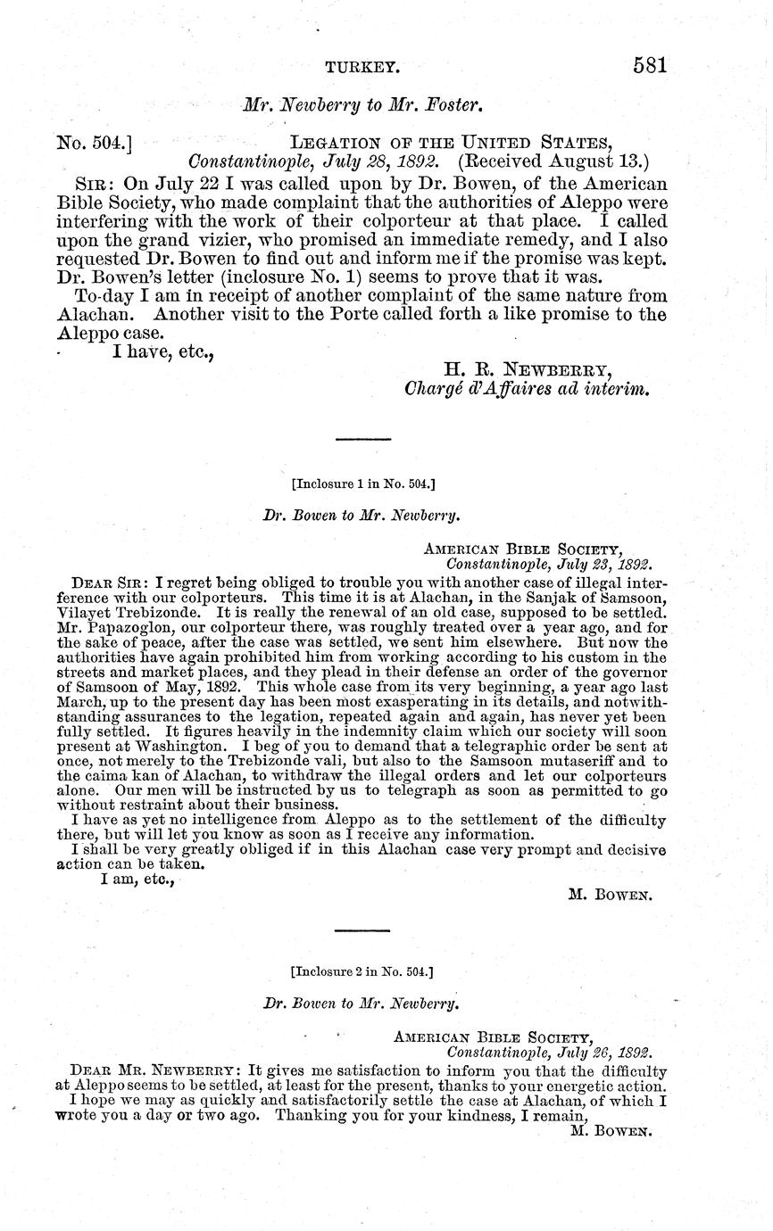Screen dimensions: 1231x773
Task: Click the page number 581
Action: (x=651, y=65)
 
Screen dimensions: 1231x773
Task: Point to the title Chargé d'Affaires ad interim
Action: (x=526, y=390)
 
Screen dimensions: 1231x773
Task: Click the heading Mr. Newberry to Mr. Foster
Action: (x=363, y=105)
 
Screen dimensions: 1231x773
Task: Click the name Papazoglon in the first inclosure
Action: (x=128, y=627)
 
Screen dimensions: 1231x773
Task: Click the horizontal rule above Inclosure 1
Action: (x=362, y=439)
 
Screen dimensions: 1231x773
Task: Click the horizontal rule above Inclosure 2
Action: (x=362, y=930)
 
